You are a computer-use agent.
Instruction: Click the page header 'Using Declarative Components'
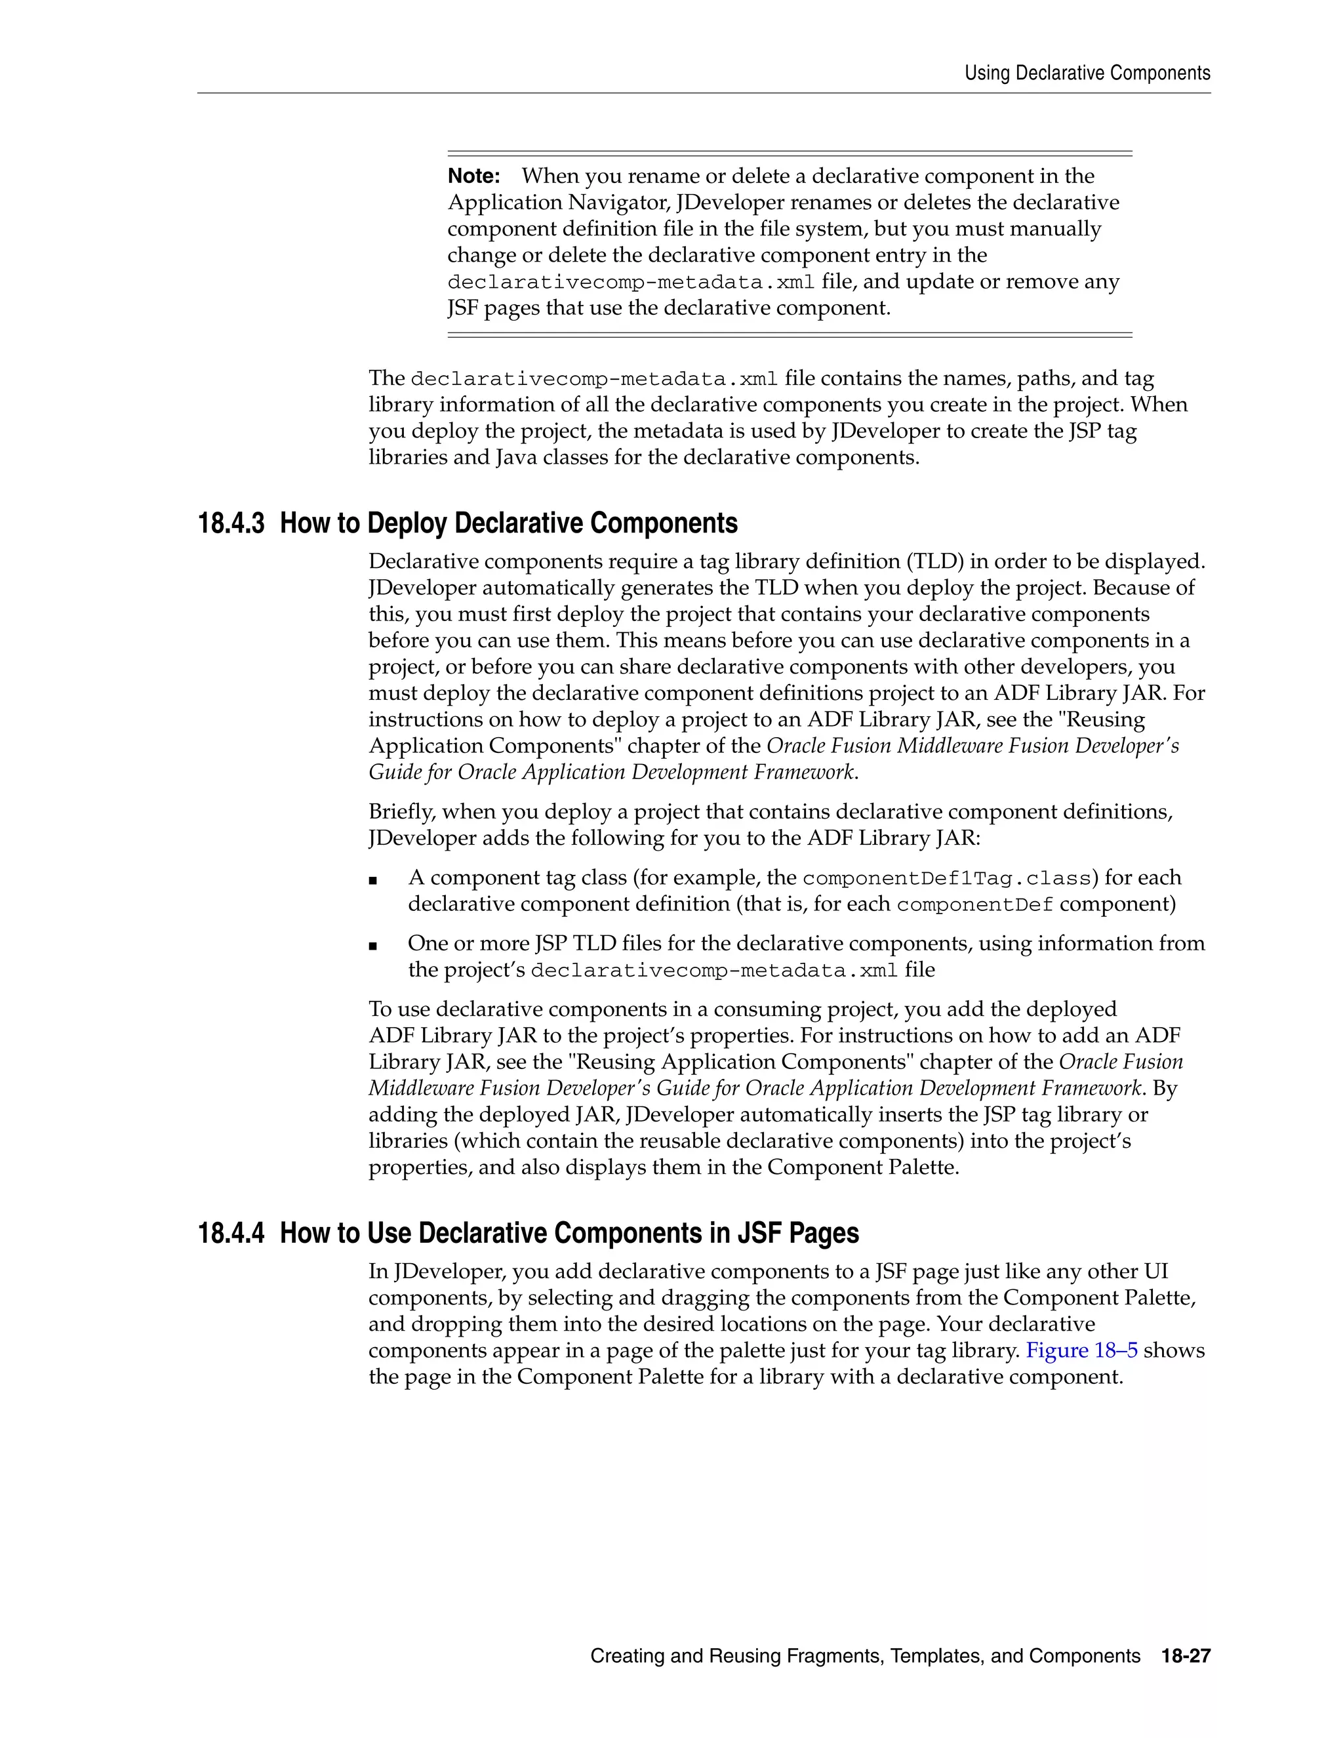(1087, 73)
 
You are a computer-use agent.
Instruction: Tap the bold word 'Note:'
(473, 176)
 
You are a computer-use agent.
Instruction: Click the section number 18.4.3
(231, 523)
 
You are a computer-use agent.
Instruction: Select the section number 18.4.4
(231, 1234)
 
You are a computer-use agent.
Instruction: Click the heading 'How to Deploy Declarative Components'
(508, 523)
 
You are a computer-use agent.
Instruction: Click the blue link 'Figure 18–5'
(1081, 1350)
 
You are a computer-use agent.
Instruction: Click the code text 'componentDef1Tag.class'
(946, 879)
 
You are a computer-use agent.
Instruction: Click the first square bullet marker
(372, 880)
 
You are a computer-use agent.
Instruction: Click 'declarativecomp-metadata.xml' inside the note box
(631, 283)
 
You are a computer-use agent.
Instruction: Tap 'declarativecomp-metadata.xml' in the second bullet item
(713, 971)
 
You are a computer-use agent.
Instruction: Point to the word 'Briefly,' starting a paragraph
(402, 812)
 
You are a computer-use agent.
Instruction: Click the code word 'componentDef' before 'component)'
(974, 905)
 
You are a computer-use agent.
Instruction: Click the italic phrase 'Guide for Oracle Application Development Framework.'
(612, 773)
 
